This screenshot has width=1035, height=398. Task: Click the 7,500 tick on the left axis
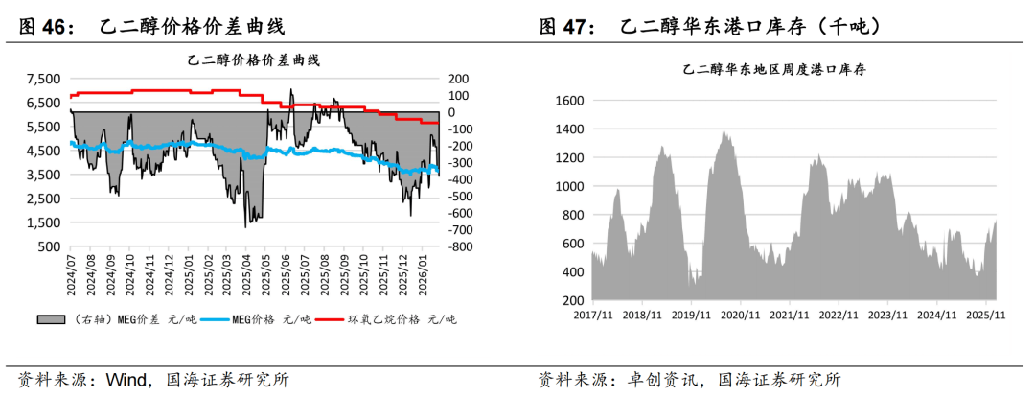click(43, 79)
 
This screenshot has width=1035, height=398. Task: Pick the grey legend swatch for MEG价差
click(52, 319)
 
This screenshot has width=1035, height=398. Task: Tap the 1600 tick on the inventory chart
click(568, 101)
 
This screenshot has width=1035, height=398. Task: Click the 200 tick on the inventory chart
click(572, 300)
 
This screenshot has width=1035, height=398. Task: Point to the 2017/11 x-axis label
click(591, 314)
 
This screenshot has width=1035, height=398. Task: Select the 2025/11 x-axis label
click(984, 314)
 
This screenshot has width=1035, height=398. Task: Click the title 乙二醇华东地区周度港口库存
click(775, 70)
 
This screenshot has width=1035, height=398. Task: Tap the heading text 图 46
click(48, 27)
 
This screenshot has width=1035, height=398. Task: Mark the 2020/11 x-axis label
click(739, 314)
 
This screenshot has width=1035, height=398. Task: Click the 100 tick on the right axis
click(457, 95)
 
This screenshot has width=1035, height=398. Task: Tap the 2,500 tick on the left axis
click(43, 199)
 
